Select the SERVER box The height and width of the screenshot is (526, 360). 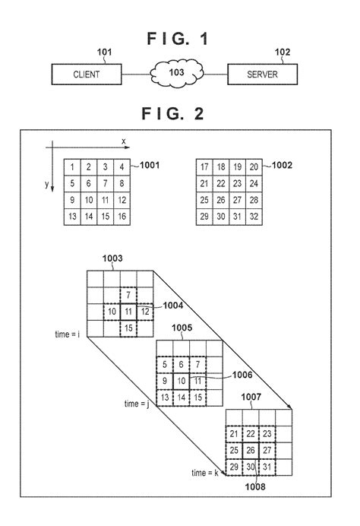[262, 74]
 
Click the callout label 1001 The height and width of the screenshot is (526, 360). [147, 163]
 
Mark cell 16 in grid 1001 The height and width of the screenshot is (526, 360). [123, 217]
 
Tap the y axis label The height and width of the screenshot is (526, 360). [46, 185]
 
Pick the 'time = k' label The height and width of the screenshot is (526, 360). [207, 473]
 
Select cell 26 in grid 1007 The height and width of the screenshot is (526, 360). [251, 449]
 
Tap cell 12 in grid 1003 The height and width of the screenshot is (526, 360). [145, 311]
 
